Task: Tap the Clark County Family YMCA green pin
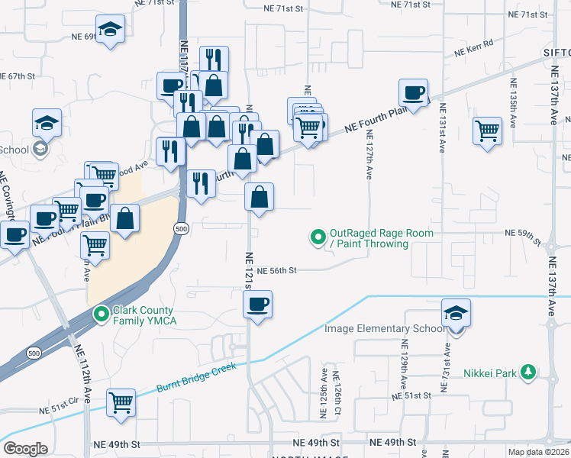101,314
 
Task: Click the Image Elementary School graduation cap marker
456,313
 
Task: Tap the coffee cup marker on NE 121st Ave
257,305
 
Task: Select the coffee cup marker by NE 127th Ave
414,93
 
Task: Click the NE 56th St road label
276,270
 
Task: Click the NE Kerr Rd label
474,48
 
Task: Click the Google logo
26,449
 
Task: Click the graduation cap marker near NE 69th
111,30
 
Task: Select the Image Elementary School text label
385,329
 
